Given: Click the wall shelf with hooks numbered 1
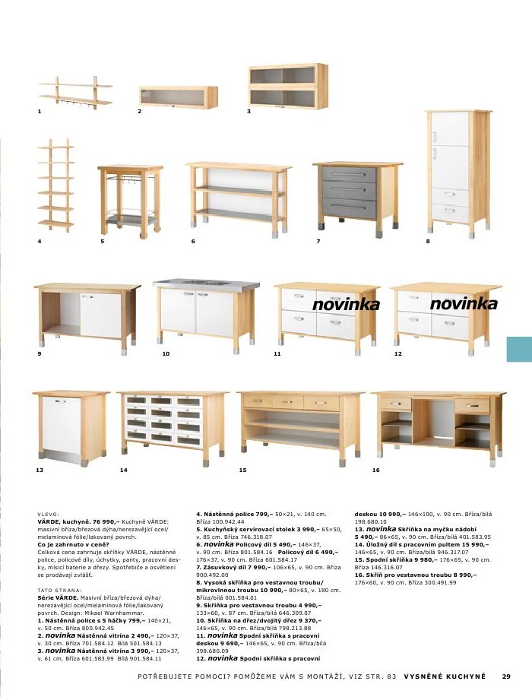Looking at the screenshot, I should click(75, 90).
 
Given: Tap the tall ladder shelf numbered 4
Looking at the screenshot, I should click(56, 185).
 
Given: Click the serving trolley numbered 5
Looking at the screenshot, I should click(129, 199).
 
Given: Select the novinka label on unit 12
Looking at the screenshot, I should click(464, 304).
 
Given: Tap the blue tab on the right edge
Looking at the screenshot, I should click(519, 349).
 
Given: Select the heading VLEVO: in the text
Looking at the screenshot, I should click(48, 515).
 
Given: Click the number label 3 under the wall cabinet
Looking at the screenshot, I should click(249, 112).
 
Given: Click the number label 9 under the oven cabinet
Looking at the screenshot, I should click(39, 354).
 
